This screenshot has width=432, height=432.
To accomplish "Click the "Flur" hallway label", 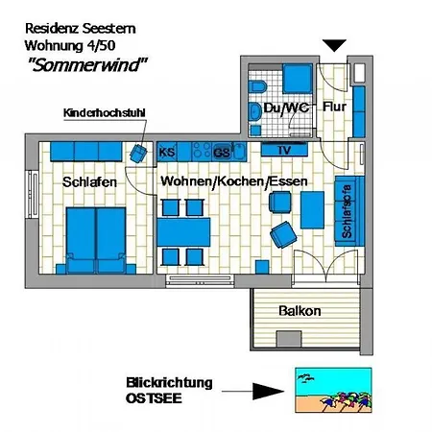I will coord(334,108).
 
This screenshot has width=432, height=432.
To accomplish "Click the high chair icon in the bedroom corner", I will coord(138,152).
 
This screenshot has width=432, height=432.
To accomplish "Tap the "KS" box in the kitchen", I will coord(166,151).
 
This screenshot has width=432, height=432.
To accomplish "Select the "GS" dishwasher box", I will coord(222,151).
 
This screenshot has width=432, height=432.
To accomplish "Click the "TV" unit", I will coord(283,151).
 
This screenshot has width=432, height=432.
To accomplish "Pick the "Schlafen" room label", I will coord(89,181).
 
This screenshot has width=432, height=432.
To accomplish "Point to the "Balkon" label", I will coord(300,311).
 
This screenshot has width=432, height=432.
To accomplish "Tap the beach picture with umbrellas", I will coord(329,391).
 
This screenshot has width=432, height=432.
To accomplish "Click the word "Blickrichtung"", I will coord(169,382).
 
